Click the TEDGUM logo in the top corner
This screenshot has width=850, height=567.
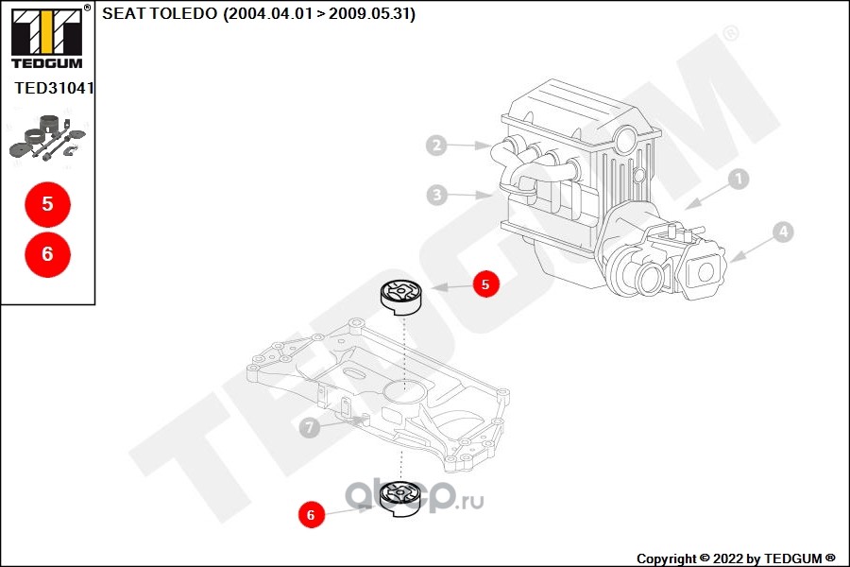pos(48,37)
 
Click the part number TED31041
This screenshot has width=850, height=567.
pos(54,88)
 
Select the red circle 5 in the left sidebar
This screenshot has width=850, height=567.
pos(48,204)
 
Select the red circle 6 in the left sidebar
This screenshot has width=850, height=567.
pos(48,254)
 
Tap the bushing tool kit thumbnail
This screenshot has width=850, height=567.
pos(48,137)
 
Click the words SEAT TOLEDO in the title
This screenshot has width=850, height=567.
pos(160,13)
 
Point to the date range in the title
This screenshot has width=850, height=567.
pos(319,13)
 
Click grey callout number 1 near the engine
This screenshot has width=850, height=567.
pos(739,179)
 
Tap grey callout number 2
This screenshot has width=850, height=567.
pos(436,145)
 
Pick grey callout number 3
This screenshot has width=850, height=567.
pos(437,195)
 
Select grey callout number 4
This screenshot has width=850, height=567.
pos(783,232)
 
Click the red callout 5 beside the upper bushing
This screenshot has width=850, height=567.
pos(485,283)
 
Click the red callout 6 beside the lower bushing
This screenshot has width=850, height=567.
pos(311,514)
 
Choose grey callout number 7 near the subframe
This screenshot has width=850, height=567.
pos(309,427)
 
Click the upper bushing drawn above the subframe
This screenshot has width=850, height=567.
pos(400,298)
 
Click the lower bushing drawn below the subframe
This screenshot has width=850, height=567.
pos(400,499)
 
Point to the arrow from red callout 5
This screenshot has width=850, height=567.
pos(451,286)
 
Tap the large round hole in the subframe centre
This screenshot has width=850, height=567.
pos(402,389)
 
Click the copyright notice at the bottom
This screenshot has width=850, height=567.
pos(736,558)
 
